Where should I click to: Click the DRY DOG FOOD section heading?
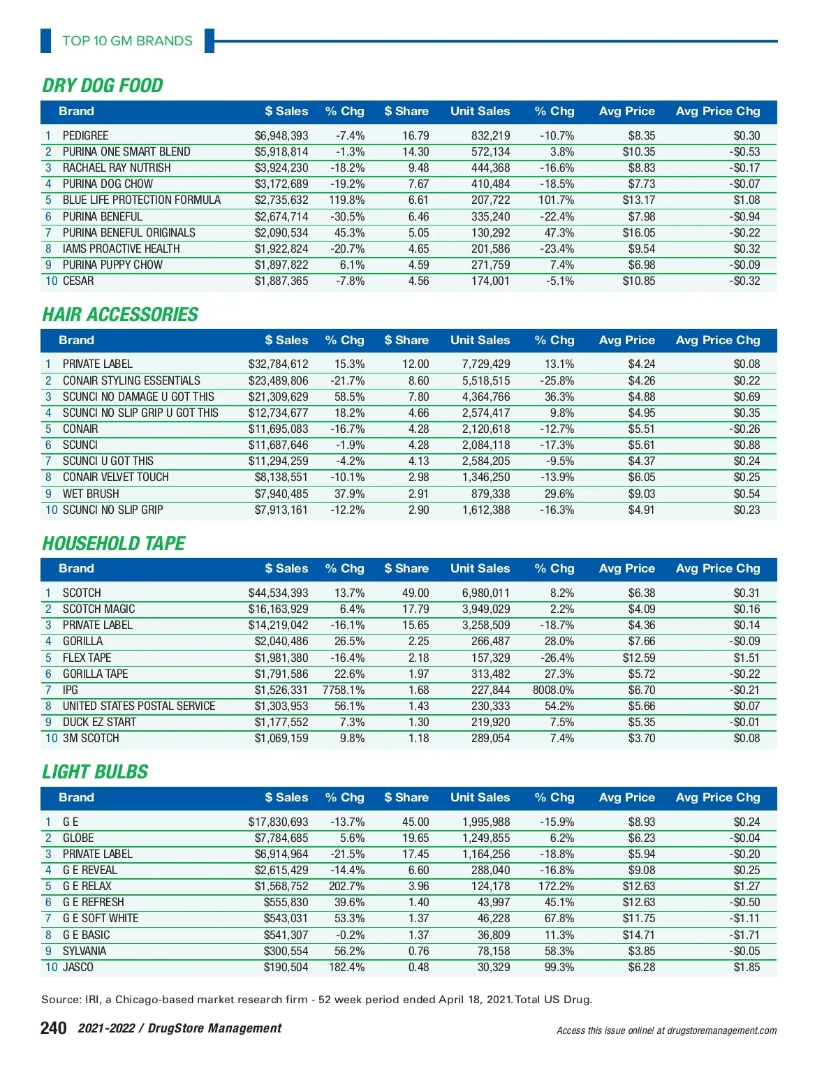(103, 86)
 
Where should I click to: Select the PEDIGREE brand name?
(85, 135)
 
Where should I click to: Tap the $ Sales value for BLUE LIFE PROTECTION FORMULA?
(281, 200)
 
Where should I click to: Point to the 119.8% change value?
(346, 200)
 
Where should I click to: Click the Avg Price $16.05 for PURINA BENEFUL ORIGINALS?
(638, 232)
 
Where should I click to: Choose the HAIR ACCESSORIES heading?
(120, 315)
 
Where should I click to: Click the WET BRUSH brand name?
(91, 494)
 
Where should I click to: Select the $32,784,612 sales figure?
(278, 364)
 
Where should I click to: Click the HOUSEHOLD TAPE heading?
(114, 544)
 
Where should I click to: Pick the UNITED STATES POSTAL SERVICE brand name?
(139, 706)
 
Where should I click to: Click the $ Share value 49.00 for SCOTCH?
(415, 593)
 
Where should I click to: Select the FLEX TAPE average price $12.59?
(638, 658)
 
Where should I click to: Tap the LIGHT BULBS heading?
(95, 772)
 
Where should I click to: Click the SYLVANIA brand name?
(84, 951)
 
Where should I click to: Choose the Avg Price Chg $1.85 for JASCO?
(746, 967)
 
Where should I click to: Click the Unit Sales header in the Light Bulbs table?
(480, 797)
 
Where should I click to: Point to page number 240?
(54, 1028)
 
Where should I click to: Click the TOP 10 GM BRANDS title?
(127, 40)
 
